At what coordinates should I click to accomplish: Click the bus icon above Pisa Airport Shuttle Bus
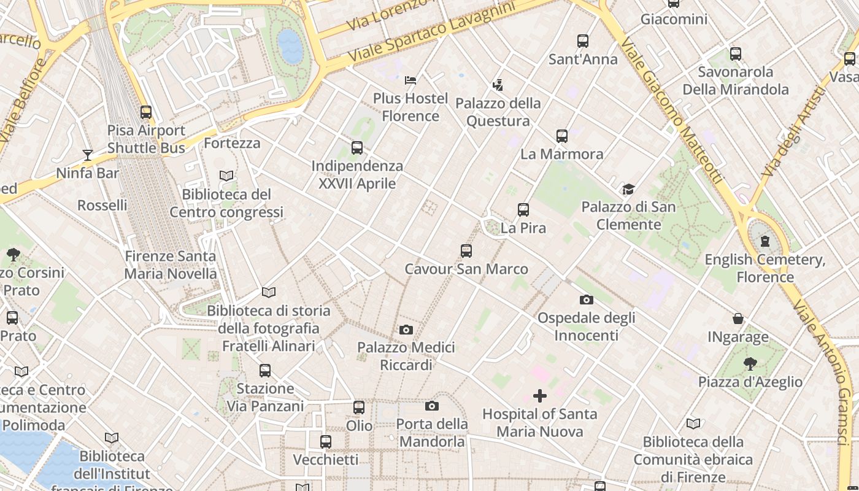pos(145,112)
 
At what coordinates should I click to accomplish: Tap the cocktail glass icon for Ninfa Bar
pos(88,155)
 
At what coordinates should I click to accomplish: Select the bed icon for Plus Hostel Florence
pos(410,80)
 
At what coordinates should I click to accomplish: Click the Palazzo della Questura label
pos(498,112)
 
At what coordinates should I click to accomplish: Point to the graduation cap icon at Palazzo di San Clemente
pos(628,189)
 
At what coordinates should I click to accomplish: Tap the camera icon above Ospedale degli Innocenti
pos(587,300)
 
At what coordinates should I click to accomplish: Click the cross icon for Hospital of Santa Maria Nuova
pos(540,396)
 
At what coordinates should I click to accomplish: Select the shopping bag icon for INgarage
pos(738,319)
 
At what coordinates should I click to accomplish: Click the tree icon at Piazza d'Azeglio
pos(750,363)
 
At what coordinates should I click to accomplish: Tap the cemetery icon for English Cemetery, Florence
pos(765,241)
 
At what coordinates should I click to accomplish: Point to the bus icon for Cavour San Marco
pos(466,250)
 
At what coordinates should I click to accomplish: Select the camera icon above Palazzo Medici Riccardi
pos(406,330)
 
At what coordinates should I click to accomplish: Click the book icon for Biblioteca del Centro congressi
pos(226,176)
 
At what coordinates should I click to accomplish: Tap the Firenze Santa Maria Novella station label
pos(171,265)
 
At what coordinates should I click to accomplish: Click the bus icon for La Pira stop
pos(523,210)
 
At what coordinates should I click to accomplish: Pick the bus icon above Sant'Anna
pos(583,41)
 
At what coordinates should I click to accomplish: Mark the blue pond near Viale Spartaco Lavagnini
pos(290,46)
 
